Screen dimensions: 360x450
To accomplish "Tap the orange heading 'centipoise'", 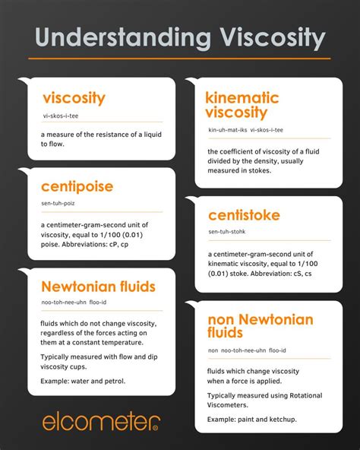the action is point(77,187).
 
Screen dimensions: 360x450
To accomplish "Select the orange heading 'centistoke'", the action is point(244,215).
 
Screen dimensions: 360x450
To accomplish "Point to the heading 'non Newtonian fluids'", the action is point(260,325).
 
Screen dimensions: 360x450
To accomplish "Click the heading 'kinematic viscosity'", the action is point(242,105).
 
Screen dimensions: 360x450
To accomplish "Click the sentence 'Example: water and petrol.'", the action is point(84,380).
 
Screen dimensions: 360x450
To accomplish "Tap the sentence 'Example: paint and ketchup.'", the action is point(252,419).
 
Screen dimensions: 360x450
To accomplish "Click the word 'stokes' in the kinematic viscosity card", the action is point(259,170).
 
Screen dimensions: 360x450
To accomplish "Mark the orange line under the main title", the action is point(179,59).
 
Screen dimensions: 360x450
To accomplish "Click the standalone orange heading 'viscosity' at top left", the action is point(74,98).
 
